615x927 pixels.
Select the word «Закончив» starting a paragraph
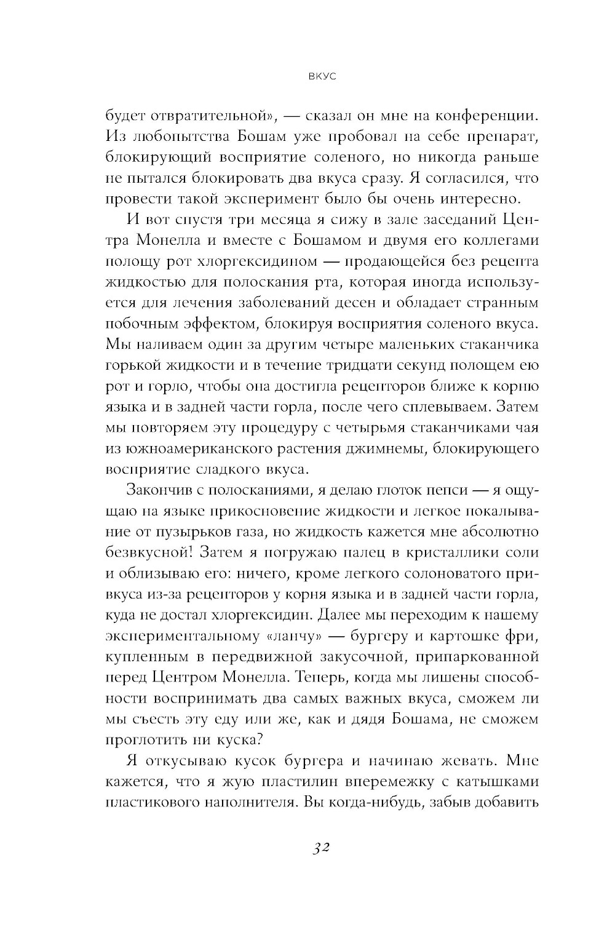[162, 490]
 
